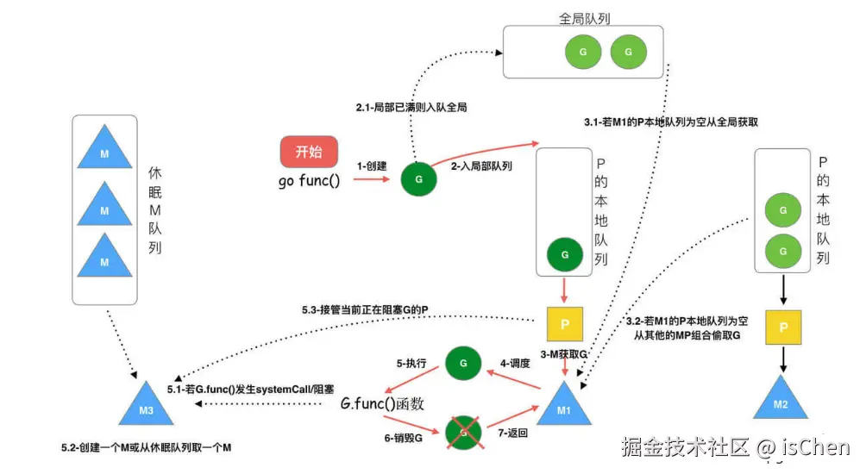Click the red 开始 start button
(309, 152)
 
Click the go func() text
(309, 181)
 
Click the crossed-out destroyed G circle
(464, 432)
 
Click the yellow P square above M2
(783, 327)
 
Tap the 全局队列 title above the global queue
(583, 17)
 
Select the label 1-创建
(372, 165)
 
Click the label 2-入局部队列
(481, 166)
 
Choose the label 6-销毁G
(404, 438)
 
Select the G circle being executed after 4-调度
(463, 365)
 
